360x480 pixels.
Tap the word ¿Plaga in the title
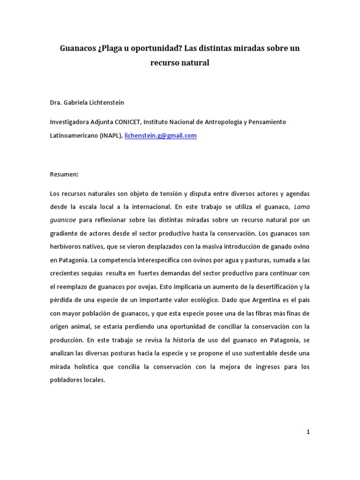tap(112, 48)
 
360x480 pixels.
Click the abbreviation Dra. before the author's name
tap(56, 102)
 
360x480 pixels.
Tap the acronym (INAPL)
tap(110, 135)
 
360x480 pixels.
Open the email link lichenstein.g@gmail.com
tap(160, 135)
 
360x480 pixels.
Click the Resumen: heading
tap(64, 174)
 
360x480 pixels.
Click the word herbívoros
tap(66, 247)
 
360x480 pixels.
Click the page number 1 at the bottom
tap(308, 432)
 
